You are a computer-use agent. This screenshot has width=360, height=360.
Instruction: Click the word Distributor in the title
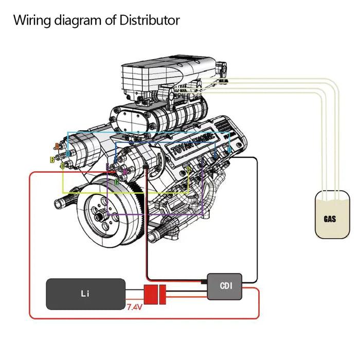tap(150, 21)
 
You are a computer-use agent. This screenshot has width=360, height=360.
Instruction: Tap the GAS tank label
tap(330, 219)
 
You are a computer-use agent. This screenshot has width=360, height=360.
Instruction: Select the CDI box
tap(224, 286)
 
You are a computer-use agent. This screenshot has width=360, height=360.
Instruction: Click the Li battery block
tap(85, 294)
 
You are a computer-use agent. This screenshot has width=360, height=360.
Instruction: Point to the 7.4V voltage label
tap(134, 308)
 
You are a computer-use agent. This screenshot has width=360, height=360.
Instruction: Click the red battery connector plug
tap(151, 294)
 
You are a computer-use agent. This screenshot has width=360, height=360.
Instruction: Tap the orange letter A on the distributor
tap(57, 146)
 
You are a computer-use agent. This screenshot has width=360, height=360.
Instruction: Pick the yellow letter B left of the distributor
tap(52, 160)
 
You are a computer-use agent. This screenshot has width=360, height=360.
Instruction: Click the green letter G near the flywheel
tap(116, 182)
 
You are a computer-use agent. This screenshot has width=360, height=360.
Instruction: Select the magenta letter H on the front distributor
tap(124, 171)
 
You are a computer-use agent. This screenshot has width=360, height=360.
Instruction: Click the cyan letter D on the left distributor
tap(68, 153)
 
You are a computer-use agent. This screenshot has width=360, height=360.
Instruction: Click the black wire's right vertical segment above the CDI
tap(257, 216)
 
